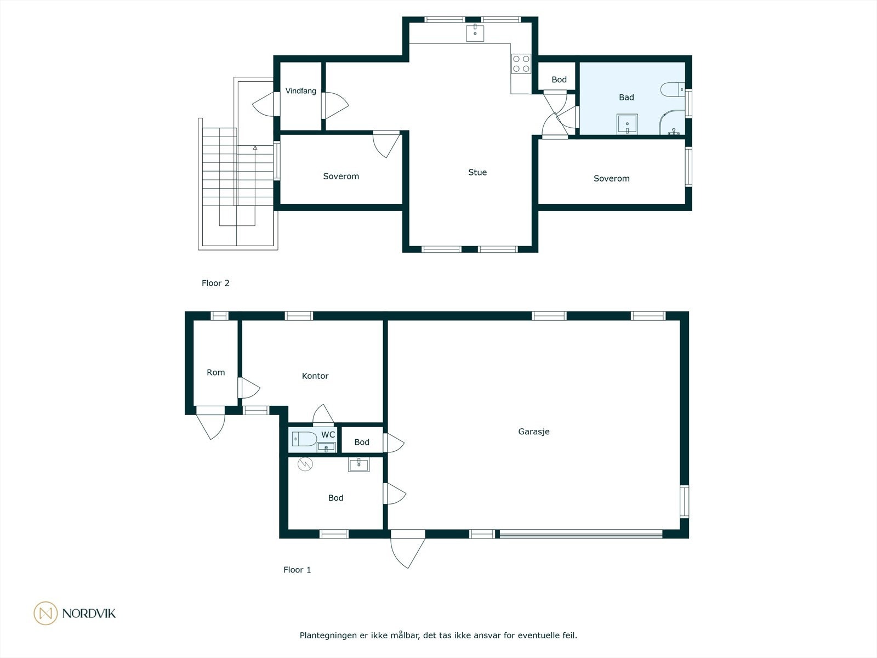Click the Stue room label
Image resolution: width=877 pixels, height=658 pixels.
point(477,172)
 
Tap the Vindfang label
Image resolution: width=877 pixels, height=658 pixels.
point(300,91)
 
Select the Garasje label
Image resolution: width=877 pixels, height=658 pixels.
point(534,432)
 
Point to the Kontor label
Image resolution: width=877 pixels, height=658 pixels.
point(315,376)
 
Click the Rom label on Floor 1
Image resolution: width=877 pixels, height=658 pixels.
point(216,372)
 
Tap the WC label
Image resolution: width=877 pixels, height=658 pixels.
point(328,435)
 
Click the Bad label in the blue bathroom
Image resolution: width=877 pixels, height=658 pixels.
point(626,97)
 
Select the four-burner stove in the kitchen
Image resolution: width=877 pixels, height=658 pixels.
point(521,64)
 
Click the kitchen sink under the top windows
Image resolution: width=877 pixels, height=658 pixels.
point(475,33)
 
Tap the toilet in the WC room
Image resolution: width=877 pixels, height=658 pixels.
point(304,439)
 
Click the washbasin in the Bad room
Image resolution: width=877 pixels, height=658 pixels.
point(627,124)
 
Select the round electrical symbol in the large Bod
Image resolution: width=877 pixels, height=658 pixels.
point(305,464)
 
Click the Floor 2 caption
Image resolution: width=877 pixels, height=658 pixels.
point(215,283)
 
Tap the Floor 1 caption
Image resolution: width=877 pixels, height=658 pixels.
point(297,570)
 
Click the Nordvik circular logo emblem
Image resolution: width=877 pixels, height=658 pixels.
point(45,613)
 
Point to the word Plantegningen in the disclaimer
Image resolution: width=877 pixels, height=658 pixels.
point(328,636)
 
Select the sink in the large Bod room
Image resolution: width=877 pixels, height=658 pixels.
point(359,464)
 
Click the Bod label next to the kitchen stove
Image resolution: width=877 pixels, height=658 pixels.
point(559,80)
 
